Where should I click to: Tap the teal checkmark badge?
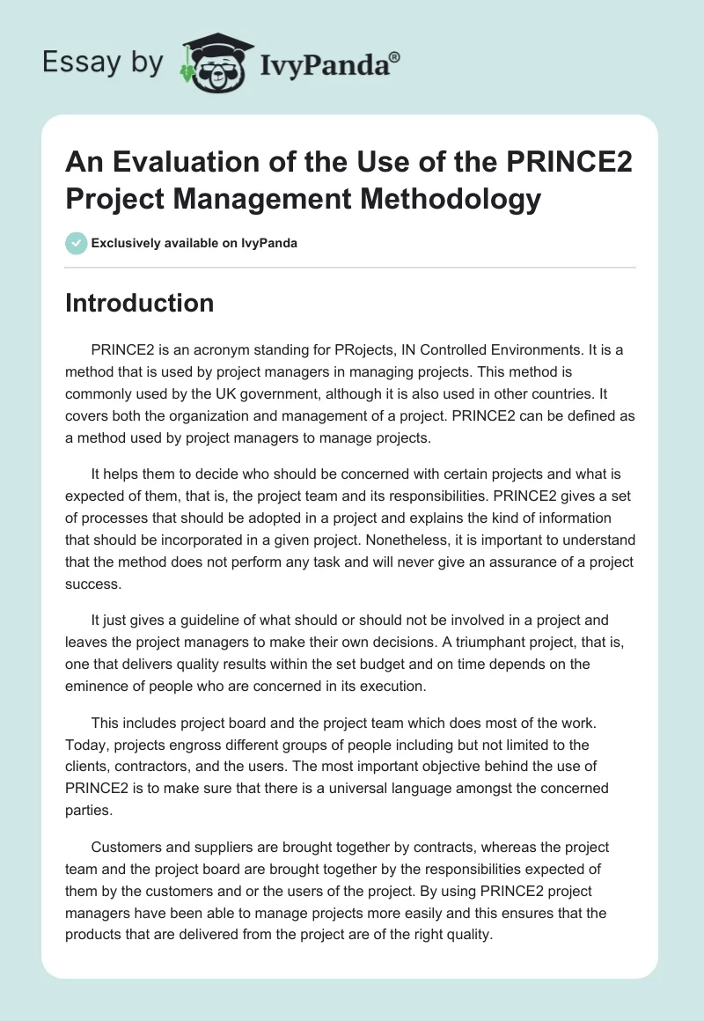(77, 243)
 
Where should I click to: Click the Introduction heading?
(140, 303)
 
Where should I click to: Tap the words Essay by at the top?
(102, 63)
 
